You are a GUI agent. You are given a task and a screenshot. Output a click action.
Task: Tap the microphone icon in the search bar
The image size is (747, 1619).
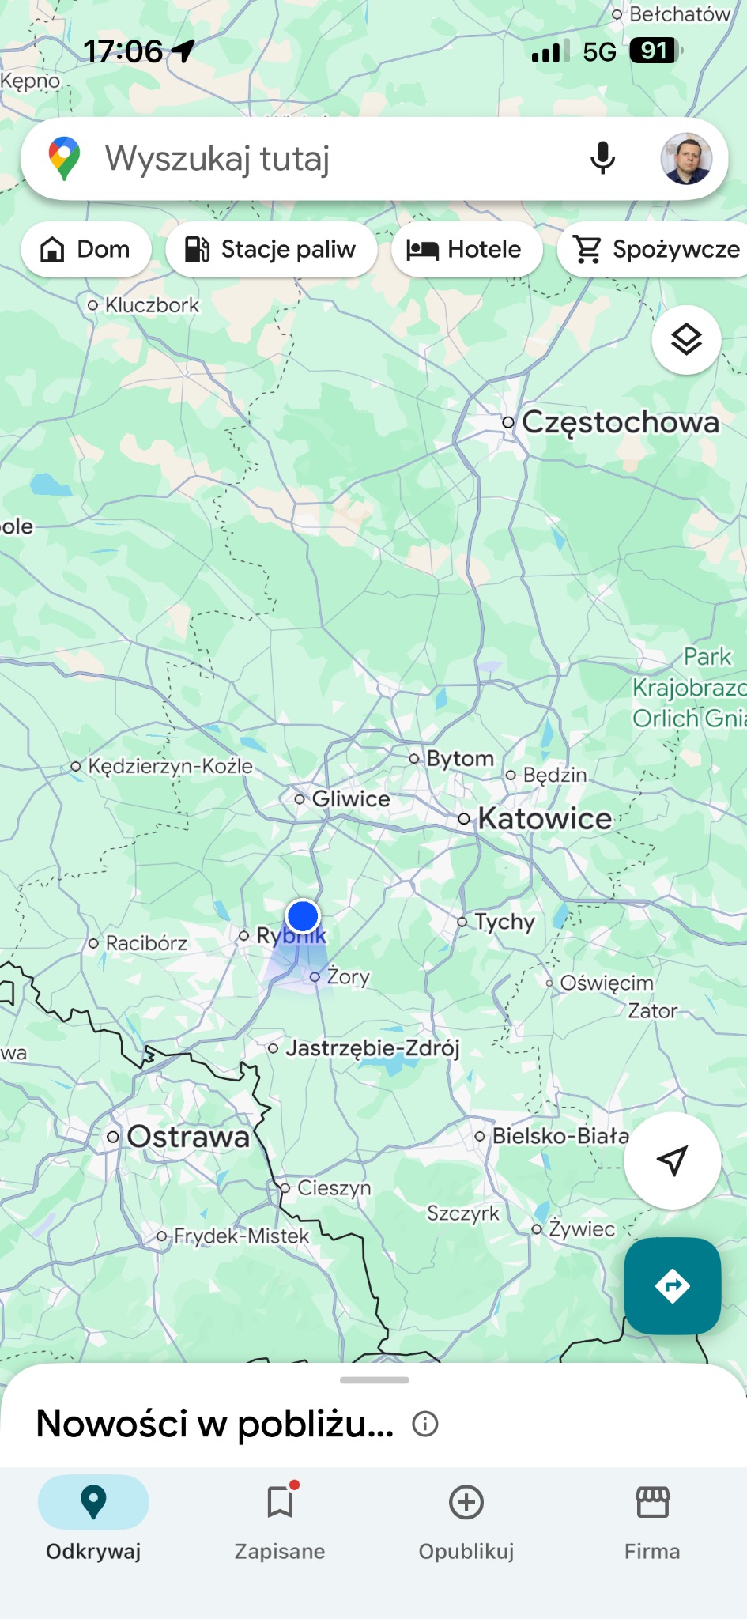(602, 158)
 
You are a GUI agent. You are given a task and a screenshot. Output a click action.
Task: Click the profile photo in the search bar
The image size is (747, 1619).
(686, 158)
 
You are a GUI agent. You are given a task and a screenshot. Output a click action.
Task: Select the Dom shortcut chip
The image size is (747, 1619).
(86, 249)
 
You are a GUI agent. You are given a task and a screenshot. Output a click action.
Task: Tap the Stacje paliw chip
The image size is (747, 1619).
(271, 249)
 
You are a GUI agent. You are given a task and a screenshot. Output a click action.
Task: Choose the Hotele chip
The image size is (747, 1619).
(466, 249)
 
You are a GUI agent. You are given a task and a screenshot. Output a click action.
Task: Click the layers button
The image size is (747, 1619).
(686, 340)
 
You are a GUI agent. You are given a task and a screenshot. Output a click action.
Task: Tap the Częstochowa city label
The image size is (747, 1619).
(620, 422)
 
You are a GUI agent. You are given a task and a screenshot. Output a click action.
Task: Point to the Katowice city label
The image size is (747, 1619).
(545, 819)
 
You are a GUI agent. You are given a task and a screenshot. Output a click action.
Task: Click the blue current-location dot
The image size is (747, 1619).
(303, 916)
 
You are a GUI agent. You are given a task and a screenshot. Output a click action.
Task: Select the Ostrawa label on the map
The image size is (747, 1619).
(187, 1137)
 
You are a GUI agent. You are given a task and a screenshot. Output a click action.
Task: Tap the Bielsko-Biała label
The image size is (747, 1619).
(560, 1136)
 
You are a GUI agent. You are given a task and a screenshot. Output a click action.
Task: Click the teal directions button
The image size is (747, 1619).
(672, 1286)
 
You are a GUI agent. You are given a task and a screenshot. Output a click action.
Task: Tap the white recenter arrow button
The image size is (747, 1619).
(672, 1160)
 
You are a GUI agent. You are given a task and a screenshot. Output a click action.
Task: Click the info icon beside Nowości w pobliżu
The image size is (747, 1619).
(425, 1424)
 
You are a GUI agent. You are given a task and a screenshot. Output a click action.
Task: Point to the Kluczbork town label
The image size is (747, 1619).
(151, 305)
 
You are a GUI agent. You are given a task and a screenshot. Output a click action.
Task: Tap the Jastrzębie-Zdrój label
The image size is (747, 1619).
(372, 1048)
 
